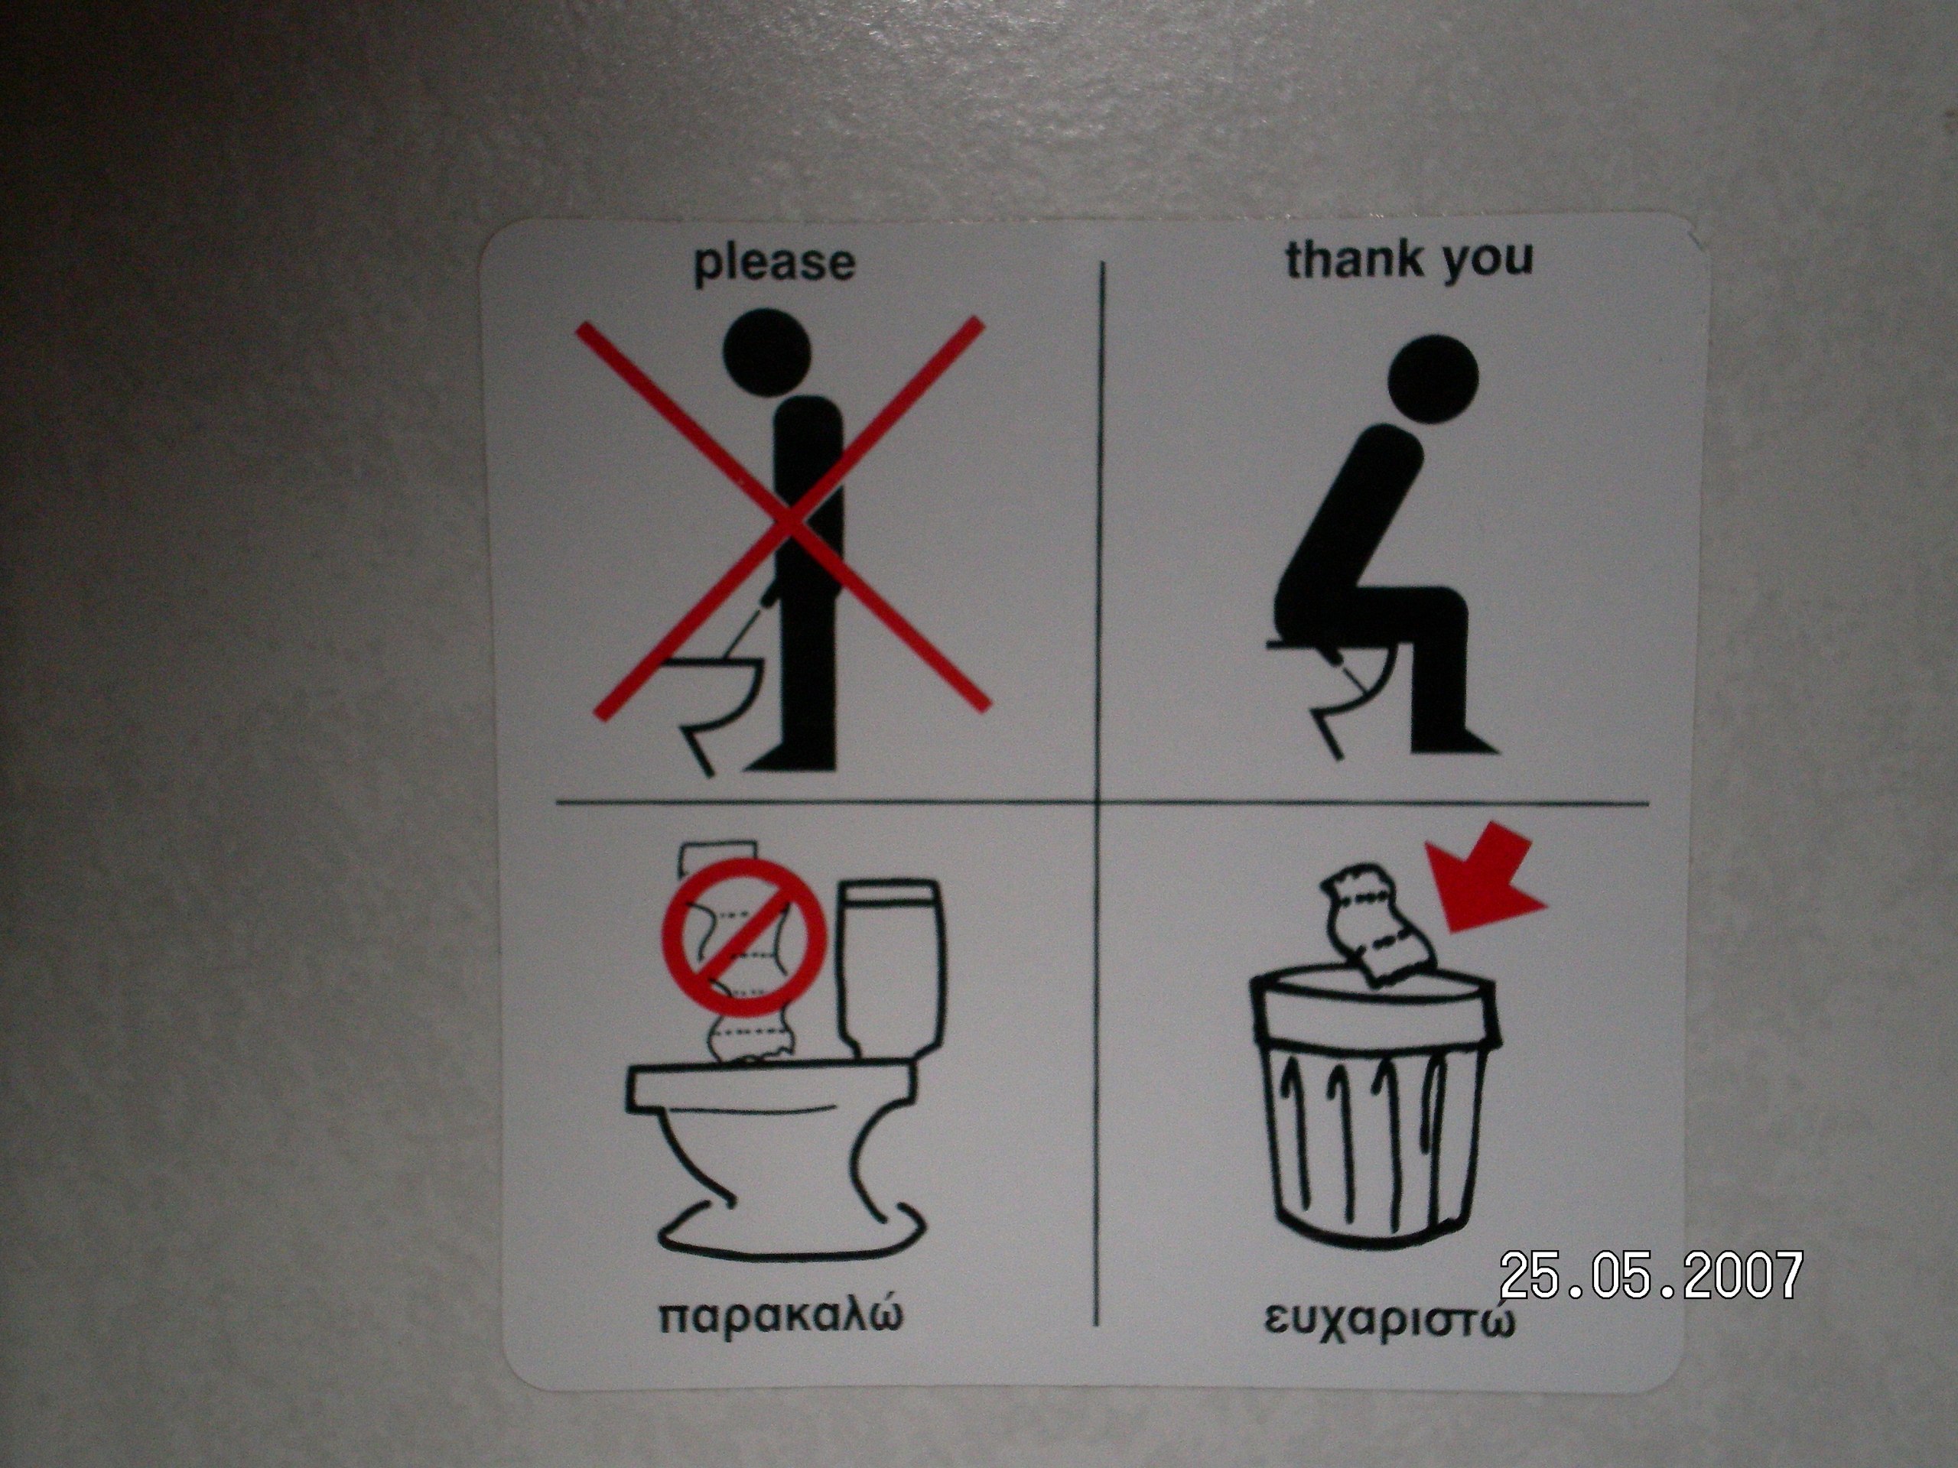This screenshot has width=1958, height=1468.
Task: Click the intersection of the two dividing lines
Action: (1098, 804)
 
